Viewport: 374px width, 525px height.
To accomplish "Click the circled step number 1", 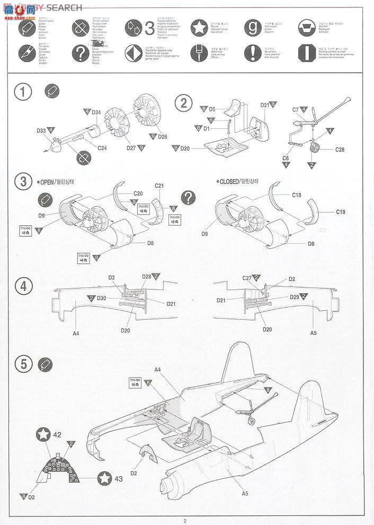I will click(23, 92).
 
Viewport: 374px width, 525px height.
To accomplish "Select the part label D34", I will click(96, 112).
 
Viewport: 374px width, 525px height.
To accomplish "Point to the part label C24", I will click(102, 147).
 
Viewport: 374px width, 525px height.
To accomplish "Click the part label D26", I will click(162, 137).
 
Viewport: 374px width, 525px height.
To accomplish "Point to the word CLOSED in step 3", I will click(231, 182).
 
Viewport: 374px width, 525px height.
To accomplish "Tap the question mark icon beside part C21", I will click(188, 198).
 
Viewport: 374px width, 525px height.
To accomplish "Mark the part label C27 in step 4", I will click(247, 278).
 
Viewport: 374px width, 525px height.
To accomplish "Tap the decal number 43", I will click(118, 479).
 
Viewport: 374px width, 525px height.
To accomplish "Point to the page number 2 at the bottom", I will click(185, 520).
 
